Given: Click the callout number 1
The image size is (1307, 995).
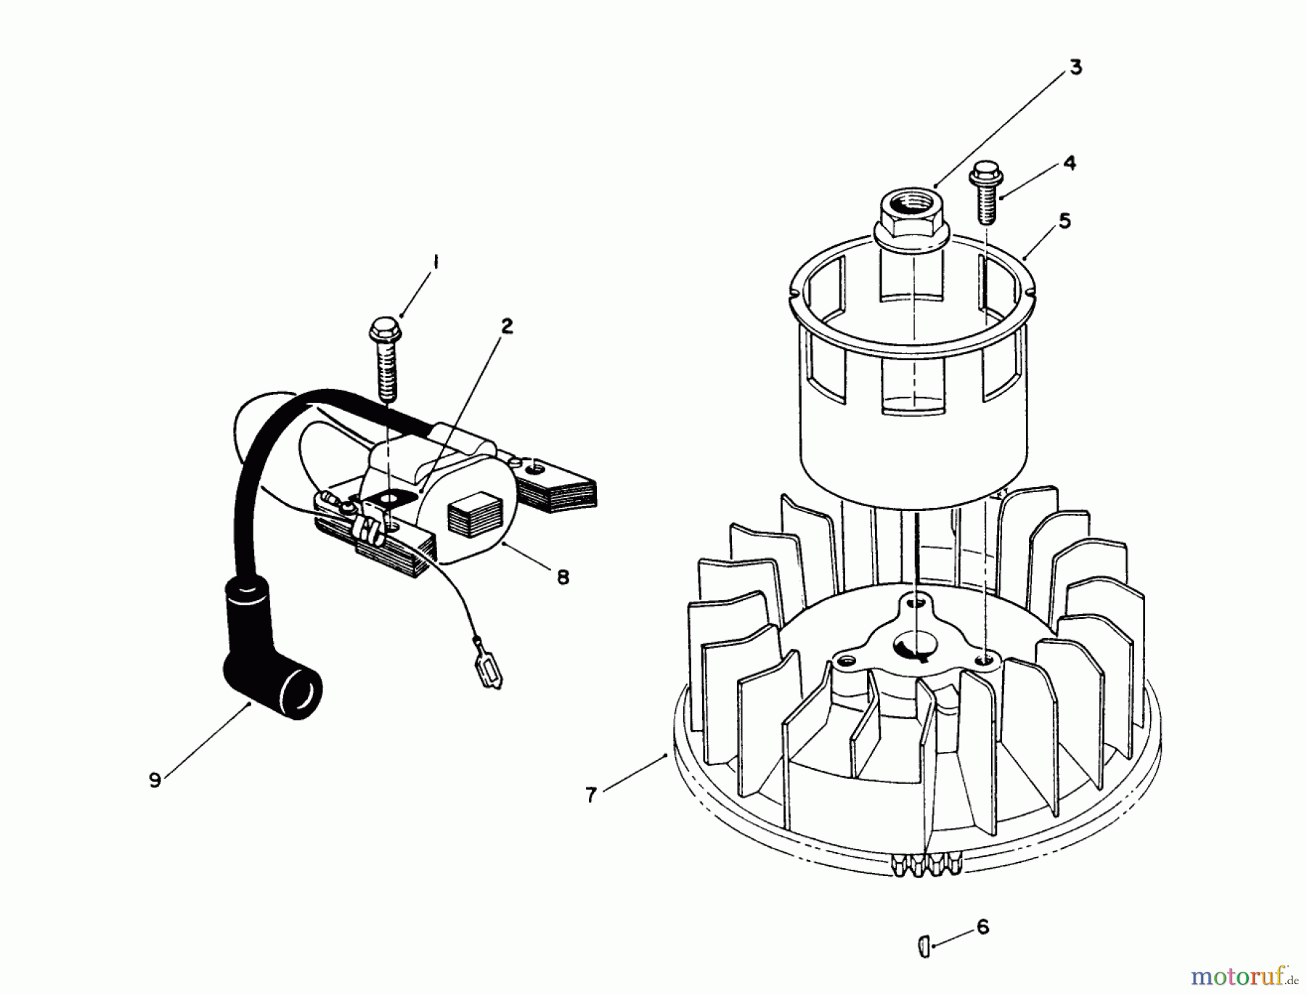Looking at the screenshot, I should [436, 263].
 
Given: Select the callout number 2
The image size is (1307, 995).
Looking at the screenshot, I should [507, 326].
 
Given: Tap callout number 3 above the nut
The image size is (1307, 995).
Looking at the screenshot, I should [1075, 67].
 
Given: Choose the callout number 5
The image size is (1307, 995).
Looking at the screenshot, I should [1064, 221].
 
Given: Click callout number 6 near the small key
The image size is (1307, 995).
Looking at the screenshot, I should [983, 927].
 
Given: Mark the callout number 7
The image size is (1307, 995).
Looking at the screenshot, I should [591, 795].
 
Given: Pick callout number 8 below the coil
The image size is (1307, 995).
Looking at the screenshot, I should [563, 578].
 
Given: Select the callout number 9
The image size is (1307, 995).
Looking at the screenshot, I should [155, 780].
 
